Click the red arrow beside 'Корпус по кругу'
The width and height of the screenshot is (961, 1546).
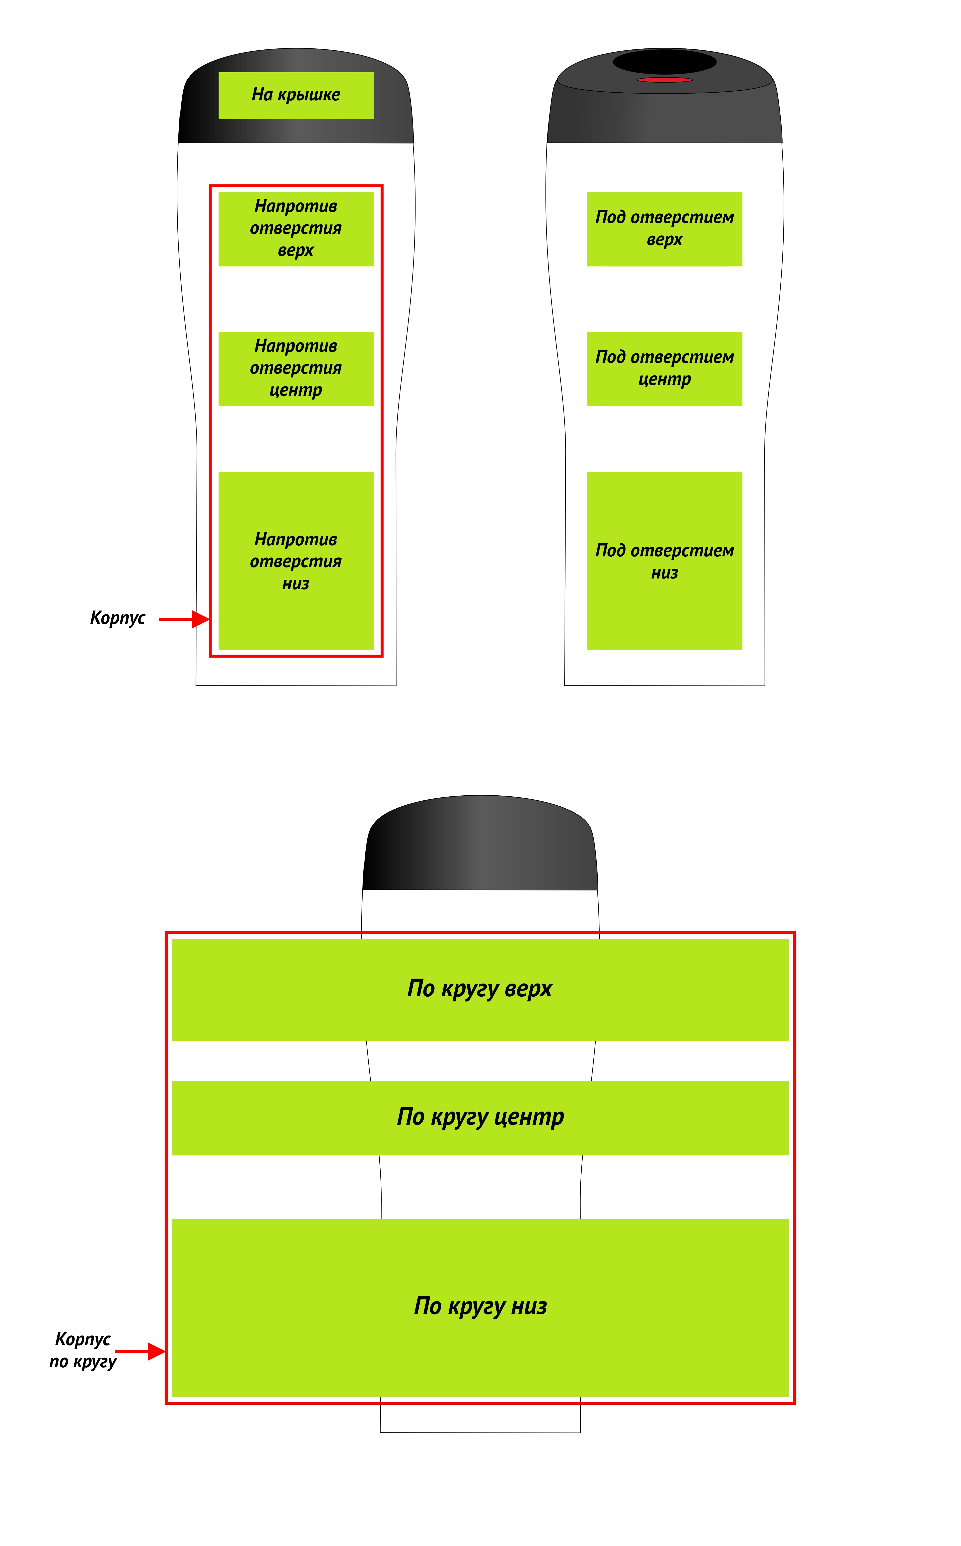140,1351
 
